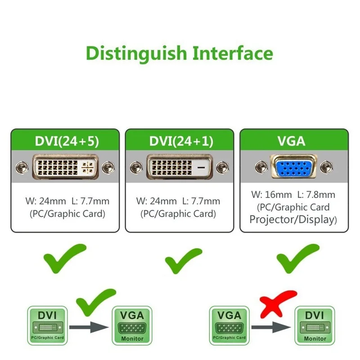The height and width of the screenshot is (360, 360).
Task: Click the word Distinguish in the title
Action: pos(136,54)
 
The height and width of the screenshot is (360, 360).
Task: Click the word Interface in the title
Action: pos(233,53)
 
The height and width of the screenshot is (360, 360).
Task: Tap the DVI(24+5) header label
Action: pos(66,140)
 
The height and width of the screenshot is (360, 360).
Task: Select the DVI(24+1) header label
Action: pos(180,140)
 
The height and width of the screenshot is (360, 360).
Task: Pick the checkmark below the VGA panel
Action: pos(297,258)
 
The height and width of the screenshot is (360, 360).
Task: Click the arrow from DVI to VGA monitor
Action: pos(90,327)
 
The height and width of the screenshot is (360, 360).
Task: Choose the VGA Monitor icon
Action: pos(132,325)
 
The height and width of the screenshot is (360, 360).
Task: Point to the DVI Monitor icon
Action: pos(315,325)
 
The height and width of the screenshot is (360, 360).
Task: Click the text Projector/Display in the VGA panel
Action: pos(293,220)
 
